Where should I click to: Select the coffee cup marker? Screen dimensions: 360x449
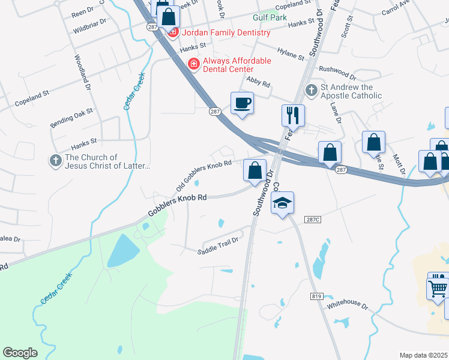[243, 103]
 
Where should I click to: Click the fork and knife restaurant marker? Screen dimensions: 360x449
[294, 115]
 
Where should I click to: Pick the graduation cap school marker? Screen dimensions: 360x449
[282, 203]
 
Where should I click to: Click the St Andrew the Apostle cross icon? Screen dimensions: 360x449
[312, 91]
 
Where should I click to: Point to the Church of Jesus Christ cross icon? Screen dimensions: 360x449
[56, 161]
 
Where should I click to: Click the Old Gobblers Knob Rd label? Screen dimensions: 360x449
[204, 177]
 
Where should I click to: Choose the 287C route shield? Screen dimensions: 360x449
[313, 220]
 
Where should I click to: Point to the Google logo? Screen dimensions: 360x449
[20, 352]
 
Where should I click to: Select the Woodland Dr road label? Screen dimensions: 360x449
[82, 73]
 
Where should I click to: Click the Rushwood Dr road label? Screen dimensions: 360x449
[338, 71]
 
